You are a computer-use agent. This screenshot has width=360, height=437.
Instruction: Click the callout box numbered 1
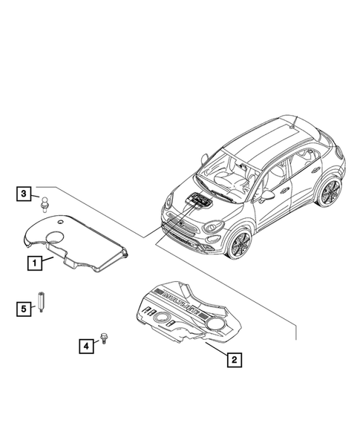[33, 262]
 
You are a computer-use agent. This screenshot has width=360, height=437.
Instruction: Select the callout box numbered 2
[234, 361]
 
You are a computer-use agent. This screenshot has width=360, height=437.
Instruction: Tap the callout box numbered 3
[24, 195]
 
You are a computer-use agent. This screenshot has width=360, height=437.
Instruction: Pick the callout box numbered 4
[88, 344]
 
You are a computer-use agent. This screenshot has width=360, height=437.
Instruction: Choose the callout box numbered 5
[24, 307]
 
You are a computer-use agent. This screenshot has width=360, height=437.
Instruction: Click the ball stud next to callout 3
[45, 201]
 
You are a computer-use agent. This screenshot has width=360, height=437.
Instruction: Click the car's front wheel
[239, 244]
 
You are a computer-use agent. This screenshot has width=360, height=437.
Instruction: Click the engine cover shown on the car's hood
[197, 201]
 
